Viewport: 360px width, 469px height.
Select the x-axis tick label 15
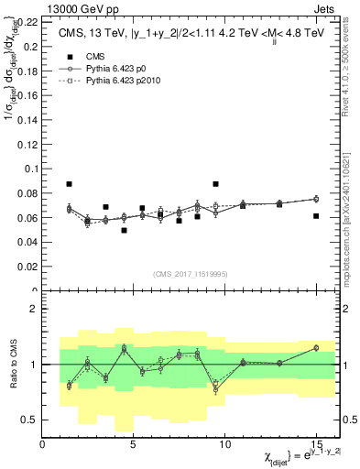[x=316, y=446]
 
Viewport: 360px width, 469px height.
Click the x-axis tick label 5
[x=134, y=446]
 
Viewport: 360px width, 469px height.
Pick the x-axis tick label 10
[x=224, y=446]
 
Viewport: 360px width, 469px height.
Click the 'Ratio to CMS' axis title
[x=13, y=365]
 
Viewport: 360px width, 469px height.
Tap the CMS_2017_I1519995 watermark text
[x=191, y=273]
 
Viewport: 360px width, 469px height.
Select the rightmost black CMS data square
[x=316, y=216]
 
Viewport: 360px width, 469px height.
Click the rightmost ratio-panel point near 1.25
[x=316, y=347]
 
